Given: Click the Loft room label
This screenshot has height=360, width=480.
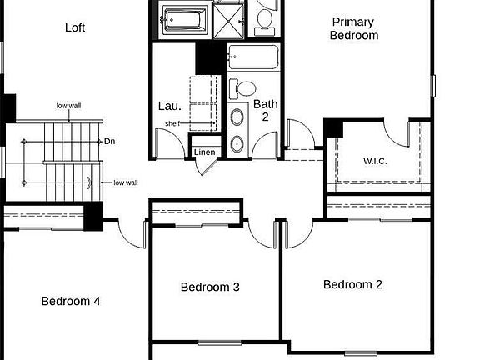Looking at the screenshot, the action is (75, 27).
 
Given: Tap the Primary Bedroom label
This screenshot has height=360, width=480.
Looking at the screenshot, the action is (354, 28).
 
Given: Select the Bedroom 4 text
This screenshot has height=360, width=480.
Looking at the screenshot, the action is (71, 301).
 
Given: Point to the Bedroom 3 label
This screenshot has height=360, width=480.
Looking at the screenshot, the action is (210, 287).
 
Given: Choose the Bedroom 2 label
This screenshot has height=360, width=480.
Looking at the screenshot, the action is (352, 284).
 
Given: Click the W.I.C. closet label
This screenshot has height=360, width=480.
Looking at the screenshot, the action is (375, 161).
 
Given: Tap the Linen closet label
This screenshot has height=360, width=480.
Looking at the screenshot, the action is (204, 152).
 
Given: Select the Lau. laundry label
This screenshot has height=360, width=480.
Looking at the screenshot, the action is (170, 106).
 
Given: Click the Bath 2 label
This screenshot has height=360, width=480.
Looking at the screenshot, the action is (265, 111).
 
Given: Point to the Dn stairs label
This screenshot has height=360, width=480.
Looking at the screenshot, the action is (110, 142).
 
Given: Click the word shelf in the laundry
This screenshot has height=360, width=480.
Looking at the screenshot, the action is (172, 123).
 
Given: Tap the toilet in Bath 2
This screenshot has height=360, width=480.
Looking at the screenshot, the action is (242, 89).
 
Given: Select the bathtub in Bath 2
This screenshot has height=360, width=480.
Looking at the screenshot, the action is (254, 57).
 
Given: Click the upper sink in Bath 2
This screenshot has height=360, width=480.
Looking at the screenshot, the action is (237, 117).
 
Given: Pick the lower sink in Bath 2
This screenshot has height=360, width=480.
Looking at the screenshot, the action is (237, 143).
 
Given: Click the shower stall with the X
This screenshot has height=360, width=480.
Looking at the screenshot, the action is (228, 21).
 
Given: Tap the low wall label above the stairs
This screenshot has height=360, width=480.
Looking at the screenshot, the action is (69, 106).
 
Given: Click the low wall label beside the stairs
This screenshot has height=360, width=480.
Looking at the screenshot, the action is (126, 182).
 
